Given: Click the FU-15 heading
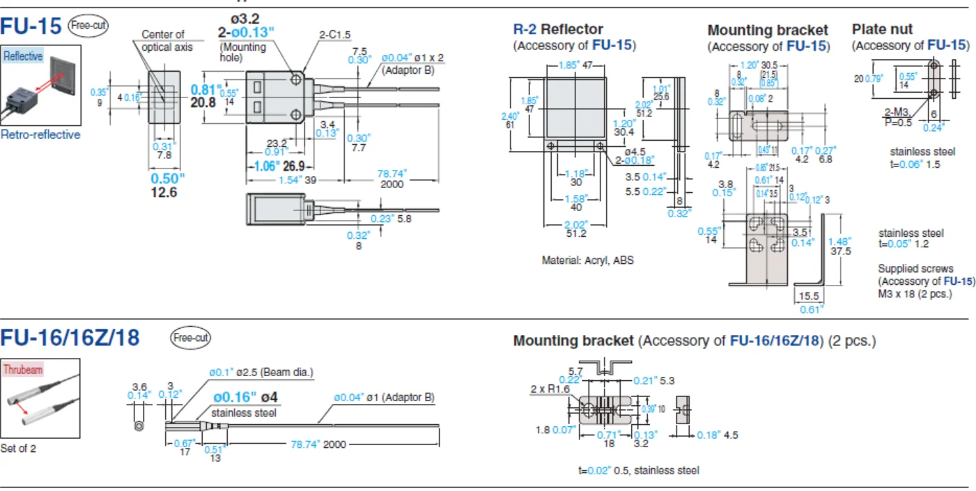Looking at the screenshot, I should (x=31, y=26).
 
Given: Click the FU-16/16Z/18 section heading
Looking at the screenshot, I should (x=70, y=338).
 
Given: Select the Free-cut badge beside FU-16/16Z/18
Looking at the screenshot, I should (x=190, y=338).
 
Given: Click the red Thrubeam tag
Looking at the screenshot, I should (x=23, y=369).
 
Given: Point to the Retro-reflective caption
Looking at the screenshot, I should (x=40, y=134).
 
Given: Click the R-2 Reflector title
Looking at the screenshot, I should (x=558, y=29).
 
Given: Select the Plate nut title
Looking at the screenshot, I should (x=882, y=29).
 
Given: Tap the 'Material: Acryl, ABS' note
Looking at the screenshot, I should (x=587, y=260).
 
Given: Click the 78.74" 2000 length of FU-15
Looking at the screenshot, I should (x=392, y=178).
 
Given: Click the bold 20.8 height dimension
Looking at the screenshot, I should (x=203, y=102).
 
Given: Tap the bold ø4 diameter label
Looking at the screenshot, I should (x=269, y=398).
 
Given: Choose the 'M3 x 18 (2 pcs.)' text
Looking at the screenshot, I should (x=915, y=293).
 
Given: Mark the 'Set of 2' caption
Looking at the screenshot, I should (x=18, y=449).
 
